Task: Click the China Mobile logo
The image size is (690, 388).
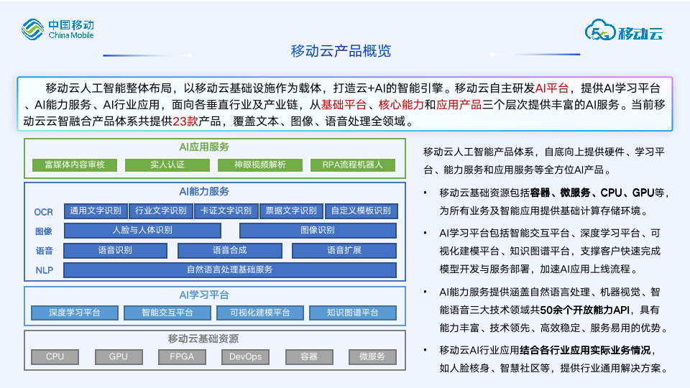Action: click(x=57, y=29)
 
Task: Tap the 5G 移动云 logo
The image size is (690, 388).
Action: click(x=623, y=31)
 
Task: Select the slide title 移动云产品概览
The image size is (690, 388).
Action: click(x=341, y=51)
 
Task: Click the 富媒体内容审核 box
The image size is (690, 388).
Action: click(x=75, y=165)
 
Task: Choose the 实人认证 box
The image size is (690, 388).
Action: click(x=167, y=165)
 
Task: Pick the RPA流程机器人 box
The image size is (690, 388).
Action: click(x=353, y=165)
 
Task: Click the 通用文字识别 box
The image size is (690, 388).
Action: click(x=96, y=211)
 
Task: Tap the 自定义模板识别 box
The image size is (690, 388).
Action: click(x=361, y=211)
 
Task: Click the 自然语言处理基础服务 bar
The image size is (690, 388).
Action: click(x=229, y=270)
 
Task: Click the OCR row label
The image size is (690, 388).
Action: click(x=44, y=212)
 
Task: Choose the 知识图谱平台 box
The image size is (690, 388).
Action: click(x=352, y=313)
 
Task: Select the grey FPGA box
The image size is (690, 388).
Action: click(x=182, y=356)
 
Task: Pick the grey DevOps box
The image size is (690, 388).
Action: click(x=245, y=356)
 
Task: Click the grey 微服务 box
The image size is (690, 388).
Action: click(x=372, y=356)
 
